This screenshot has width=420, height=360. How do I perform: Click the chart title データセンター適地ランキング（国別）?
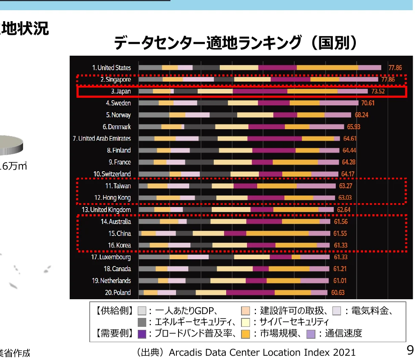[235, 43]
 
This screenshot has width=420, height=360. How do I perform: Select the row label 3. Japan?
[118, 91]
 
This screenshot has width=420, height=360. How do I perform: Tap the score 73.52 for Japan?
[378, 91]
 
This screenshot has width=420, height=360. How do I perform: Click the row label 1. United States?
[111, 68]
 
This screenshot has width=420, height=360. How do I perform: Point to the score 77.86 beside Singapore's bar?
[388, 79]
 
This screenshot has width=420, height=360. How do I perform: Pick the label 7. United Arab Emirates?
[102, 139]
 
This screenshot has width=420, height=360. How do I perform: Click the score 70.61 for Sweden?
[368, 103]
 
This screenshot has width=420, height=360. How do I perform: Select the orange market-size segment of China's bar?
[277, 233]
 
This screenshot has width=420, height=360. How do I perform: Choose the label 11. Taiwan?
[118, 186]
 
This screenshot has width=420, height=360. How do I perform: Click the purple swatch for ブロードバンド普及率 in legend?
[142, 334]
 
